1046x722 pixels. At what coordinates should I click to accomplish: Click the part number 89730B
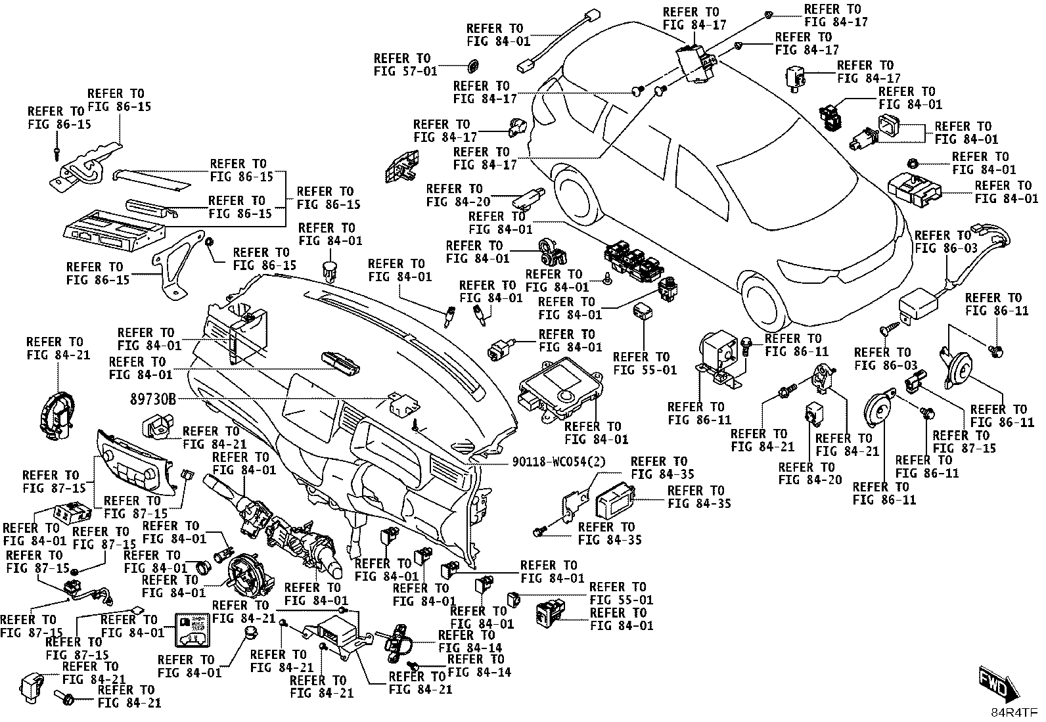coord(152,399)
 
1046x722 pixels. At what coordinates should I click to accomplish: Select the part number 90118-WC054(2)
coord(558,462)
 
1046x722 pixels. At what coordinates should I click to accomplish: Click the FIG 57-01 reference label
coord(405,65)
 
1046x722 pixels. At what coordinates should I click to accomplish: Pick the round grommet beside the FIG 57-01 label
coord(474,66)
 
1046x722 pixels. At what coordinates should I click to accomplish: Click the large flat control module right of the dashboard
coord(560,390)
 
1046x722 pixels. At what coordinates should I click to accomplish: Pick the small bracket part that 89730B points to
coord(404,404)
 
